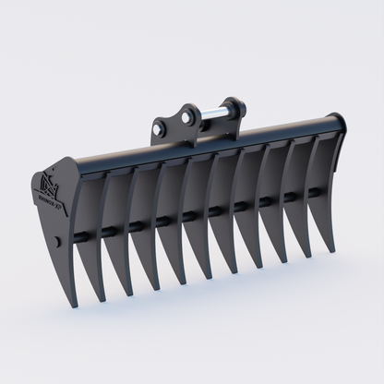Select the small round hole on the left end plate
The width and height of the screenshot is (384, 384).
pyautogui.click(x=59, y=242)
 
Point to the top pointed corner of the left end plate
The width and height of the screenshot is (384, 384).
pyautogui.click(x=72, y=160)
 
